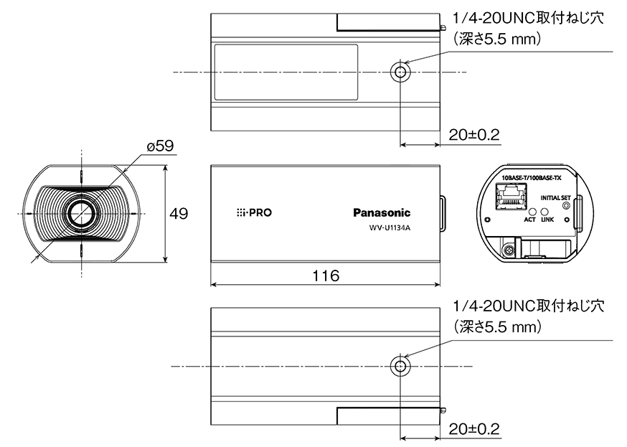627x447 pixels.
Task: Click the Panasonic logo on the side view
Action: click(382, 212)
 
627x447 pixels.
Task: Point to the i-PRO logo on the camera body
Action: click(254, 213)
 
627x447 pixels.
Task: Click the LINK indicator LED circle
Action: click(547, 212)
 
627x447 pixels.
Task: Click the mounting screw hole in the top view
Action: click(400, 72)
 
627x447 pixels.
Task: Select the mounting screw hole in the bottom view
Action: click(400, 366)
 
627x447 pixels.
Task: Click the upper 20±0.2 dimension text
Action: click(473, 135)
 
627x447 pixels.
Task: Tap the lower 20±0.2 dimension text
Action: click(473, 429)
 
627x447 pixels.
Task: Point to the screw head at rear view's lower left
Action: click(509, 250)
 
